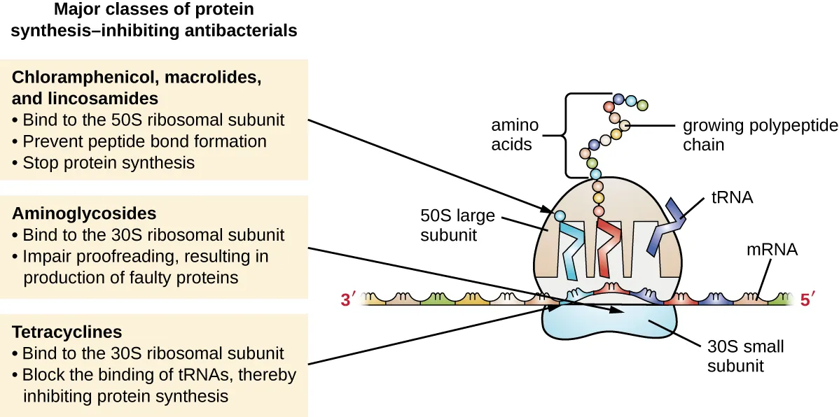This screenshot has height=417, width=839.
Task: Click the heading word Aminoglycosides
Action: [x=83, y=213]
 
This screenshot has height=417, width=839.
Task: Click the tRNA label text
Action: [x=731, y=197]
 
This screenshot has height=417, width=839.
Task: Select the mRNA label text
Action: [x=772, y=249]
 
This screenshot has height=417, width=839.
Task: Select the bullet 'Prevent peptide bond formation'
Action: [x=144, y=141]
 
